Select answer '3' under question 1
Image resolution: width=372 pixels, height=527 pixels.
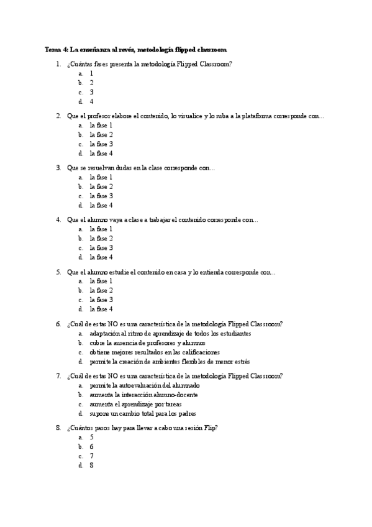coord(91,92)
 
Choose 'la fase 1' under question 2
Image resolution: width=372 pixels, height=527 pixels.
coord(101,125)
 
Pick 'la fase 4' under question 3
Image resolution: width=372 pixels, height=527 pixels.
coord(101,205)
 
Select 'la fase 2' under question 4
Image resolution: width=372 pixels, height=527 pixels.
coord(101,238)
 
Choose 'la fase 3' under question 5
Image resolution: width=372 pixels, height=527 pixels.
coord(101,300)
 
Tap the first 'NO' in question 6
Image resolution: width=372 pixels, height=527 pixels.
coord(112,324)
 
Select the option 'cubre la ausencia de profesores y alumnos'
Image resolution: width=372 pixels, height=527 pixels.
coord(147,342)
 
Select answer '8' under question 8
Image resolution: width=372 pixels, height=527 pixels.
coord(91,465)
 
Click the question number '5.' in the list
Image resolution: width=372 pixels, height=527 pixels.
coord(58,272)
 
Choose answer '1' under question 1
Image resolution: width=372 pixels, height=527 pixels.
coord(91,73)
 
